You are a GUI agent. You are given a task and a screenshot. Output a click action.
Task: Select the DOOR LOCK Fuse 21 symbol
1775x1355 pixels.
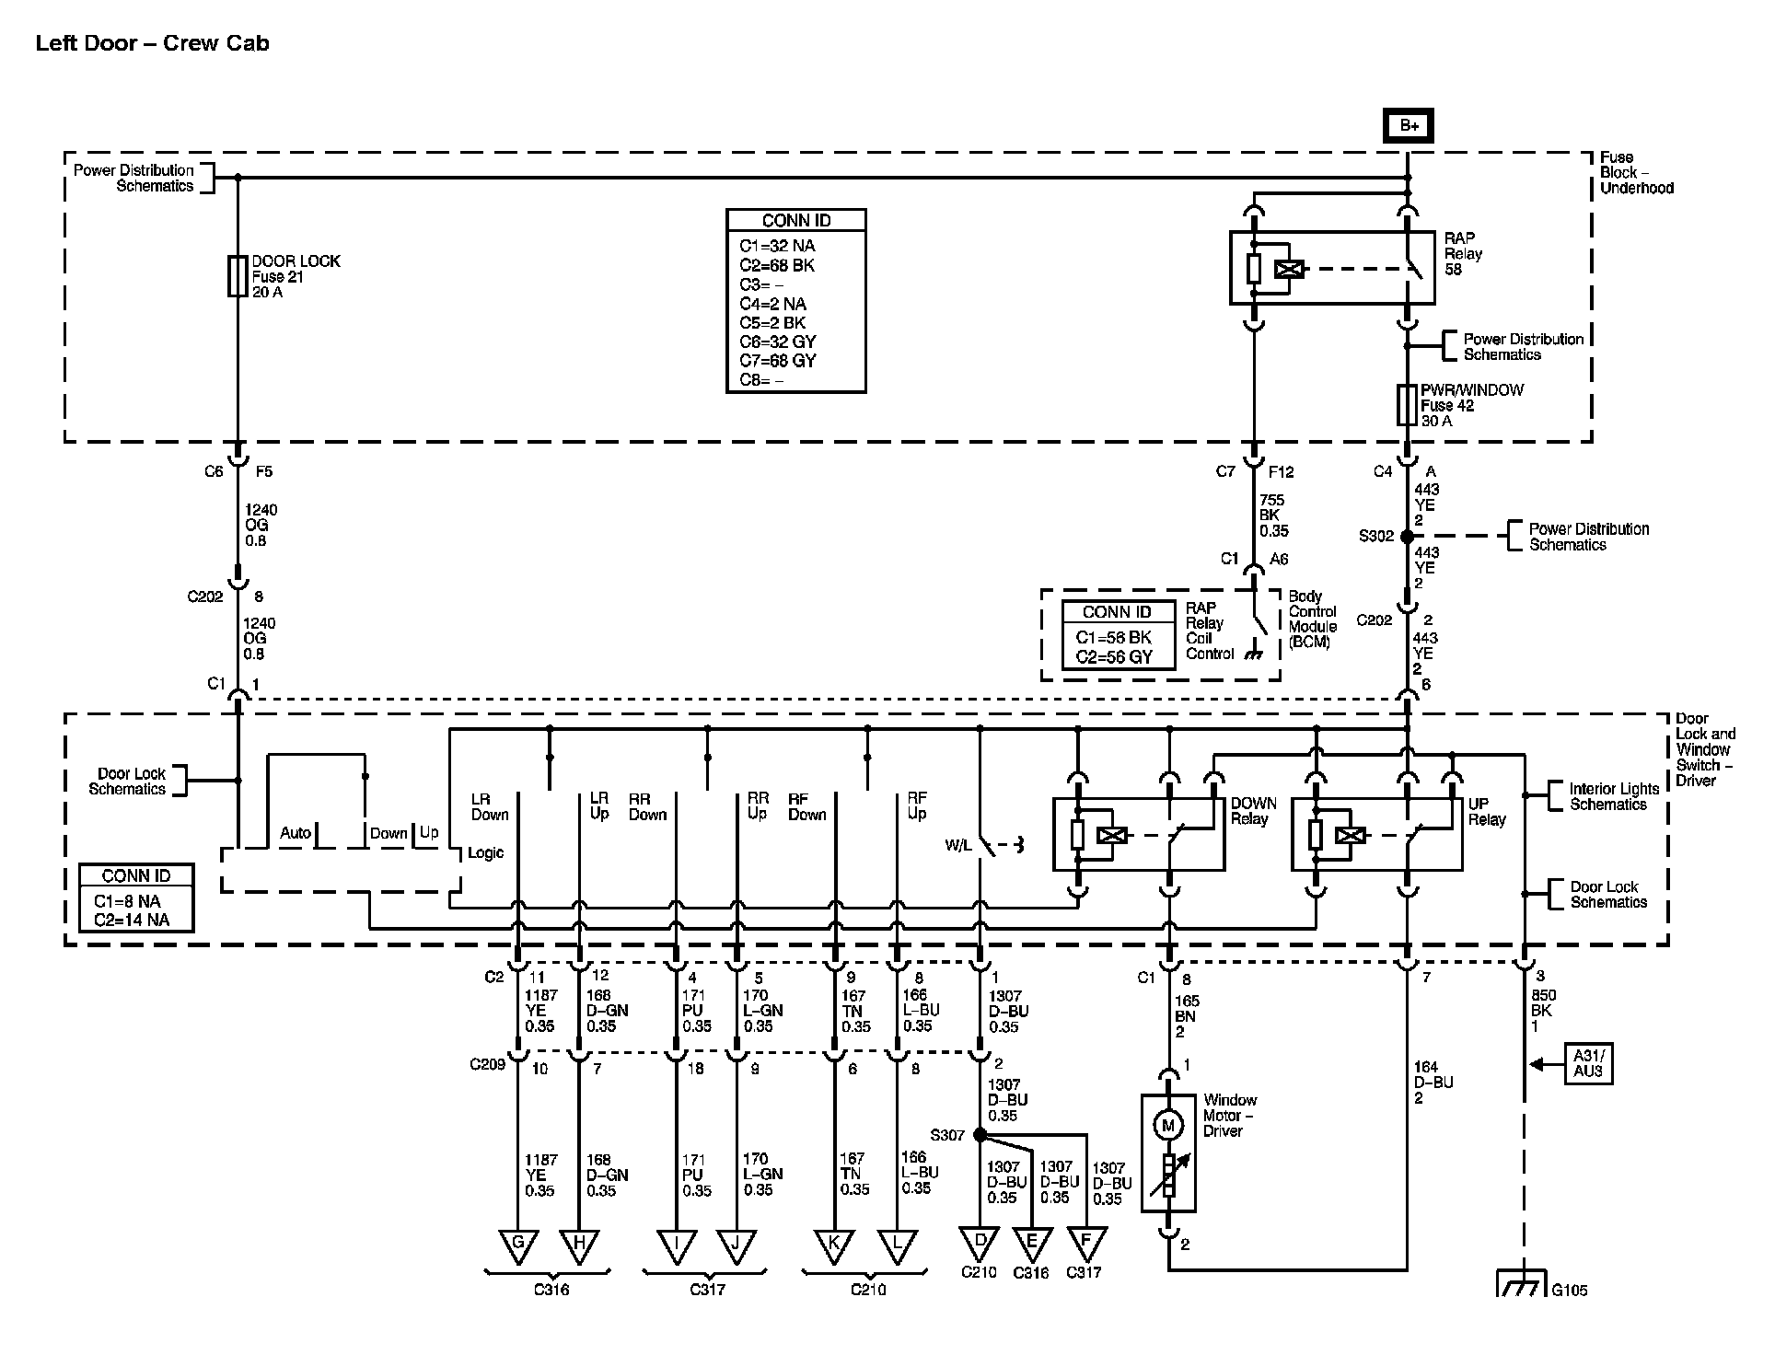238,276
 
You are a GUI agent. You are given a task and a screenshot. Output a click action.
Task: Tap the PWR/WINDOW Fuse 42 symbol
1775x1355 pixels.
1407,405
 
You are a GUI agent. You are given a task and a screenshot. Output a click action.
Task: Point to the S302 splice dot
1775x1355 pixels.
1407,537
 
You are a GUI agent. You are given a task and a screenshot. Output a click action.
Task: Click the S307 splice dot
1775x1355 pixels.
980,1135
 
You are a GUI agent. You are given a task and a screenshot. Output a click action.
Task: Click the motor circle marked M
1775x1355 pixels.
1168,1126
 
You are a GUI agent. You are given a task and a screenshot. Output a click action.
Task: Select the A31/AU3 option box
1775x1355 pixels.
1588,1064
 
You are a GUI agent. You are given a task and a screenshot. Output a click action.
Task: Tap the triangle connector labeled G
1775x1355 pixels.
518,1245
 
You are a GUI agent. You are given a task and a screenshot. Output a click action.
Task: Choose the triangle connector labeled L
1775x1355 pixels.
898,1245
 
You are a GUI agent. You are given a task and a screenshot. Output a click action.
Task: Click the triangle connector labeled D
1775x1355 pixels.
980,1242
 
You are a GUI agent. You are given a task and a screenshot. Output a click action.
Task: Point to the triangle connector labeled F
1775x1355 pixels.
1086,1242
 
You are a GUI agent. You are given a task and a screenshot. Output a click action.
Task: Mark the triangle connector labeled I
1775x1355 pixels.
677,1245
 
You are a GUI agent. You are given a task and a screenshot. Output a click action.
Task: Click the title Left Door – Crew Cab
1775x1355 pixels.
153,44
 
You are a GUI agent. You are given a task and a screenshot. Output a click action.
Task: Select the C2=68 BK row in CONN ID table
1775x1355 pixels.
777,265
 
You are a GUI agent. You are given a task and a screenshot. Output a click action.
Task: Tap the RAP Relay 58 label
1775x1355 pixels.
1463,253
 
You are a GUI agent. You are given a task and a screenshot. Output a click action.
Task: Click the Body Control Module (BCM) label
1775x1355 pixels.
1312,619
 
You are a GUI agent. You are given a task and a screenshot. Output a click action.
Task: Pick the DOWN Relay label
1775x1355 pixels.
1253,811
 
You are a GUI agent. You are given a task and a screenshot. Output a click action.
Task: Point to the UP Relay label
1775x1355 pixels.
1487,811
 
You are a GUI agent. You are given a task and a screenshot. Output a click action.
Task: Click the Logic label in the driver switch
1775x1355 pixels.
485,852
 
